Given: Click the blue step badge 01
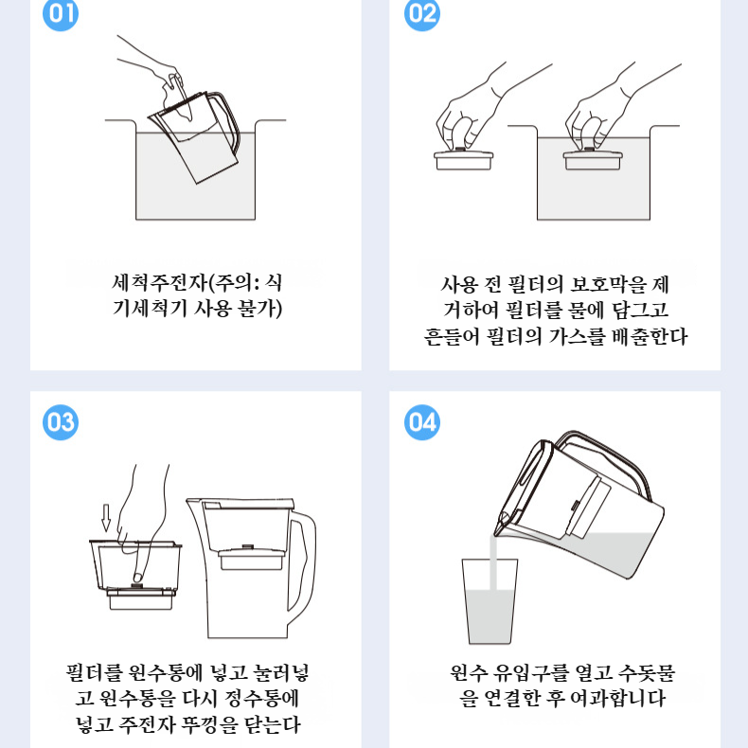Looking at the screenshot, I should [x=62, y=14].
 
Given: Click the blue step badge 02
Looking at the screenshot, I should [x=422, y=14].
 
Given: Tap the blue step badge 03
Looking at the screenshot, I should [x=62, y=421].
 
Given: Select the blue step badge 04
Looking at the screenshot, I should [x=422, y=422].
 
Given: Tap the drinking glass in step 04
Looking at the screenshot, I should [x=490, y=602].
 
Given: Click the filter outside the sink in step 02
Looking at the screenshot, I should [x=463, y=159].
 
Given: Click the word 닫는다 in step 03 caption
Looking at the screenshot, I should [x=272, y=725].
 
